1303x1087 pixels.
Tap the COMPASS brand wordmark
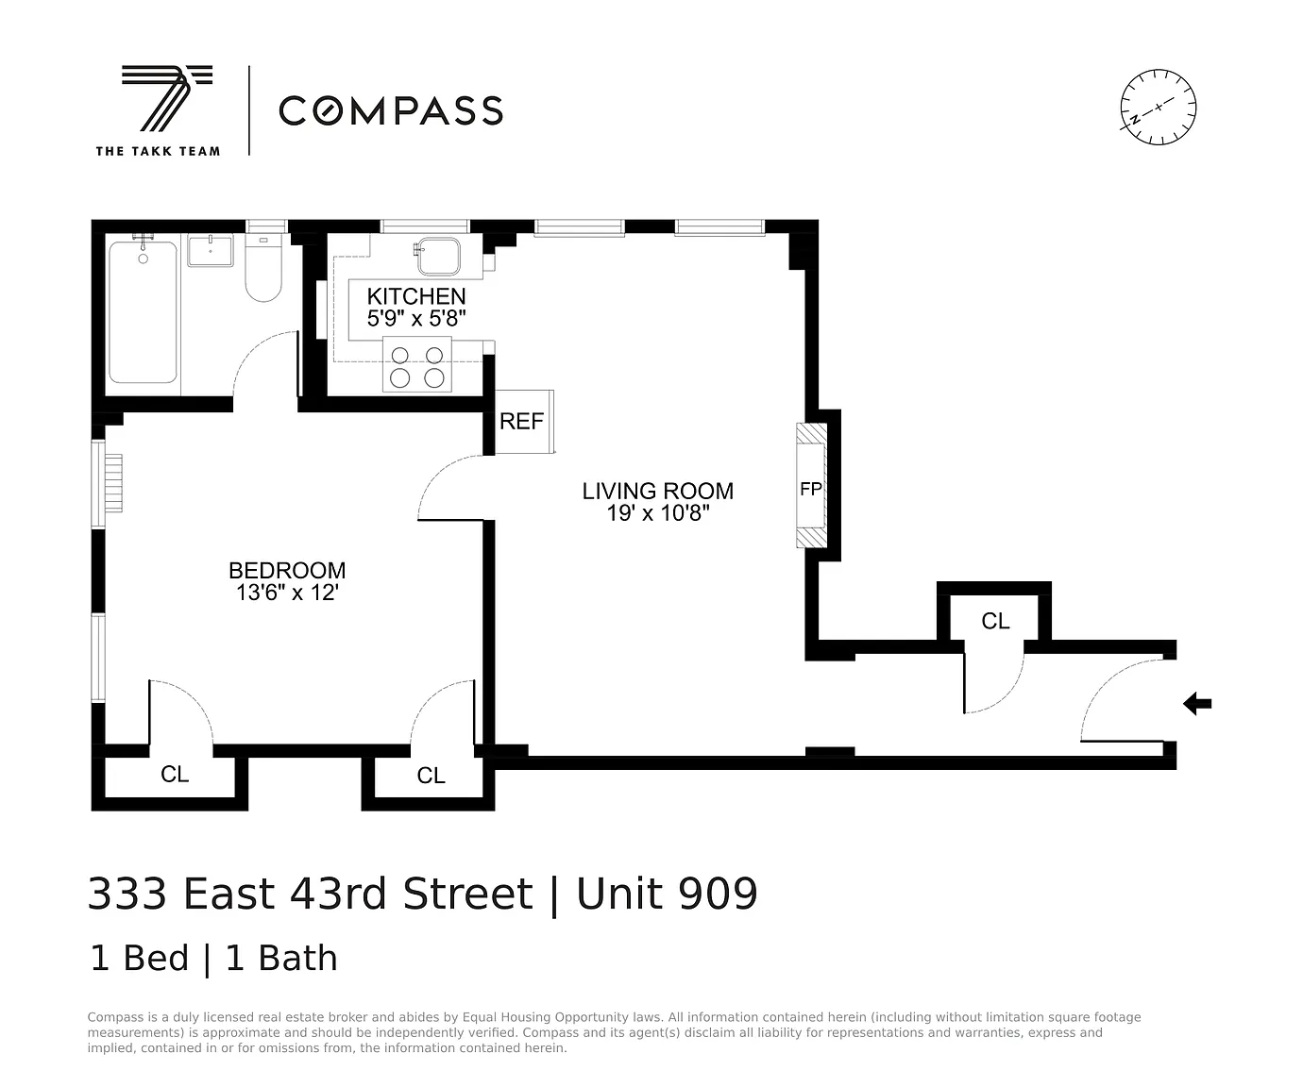pos(391,111)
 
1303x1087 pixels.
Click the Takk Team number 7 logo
pos(166,98)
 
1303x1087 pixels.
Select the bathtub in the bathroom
pos(143,311)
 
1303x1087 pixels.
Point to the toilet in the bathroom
pos(263,268)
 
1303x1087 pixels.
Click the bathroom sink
pos(211,250)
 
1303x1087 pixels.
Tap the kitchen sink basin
pos(439,256)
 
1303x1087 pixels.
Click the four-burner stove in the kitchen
pos(416,365)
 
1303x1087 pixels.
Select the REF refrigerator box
pos(524,422)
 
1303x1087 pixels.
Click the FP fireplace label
pos(811,489)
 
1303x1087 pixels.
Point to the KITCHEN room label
pos(416,296)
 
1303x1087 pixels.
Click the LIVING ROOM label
pos(658,491)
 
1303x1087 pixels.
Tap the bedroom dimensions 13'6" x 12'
pos(287,593)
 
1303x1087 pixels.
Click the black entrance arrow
pos(1197,704)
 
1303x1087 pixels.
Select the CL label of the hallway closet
pos(995,621)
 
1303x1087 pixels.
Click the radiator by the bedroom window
pos(113,483)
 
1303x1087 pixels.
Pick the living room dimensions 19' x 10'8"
pos(658,513)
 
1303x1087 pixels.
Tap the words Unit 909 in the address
pos(667,894)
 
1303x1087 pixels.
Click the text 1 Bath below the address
pos(281,958)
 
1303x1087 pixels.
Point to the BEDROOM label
pos(287,571)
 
